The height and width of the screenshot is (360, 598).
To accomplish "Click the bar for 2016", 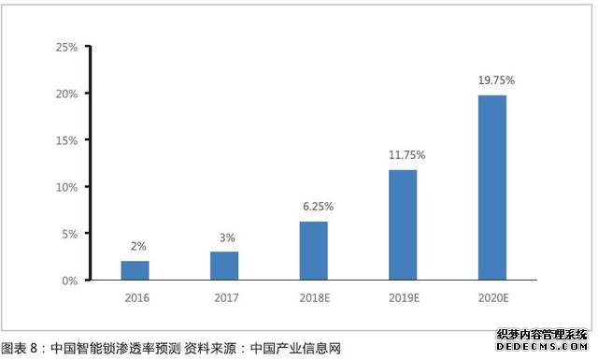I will (x=135, y=270).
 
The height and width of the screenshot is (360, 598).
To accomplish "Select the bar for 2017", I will (x=224, y=266).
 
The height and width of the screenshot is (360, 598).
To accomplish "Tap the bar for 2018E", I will (x=314, y=251).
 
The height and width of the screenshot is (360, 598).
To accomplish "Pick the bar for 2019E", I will (x=403, y=224).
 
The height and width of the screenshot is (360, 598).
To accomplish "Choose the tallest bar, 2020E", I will (x=492, y=187).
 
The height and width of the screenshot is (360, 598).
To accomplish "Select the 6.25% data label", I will (x=317, y=206).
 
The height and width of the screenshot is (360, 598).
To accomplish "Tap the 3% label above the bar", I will (x=227, y=237).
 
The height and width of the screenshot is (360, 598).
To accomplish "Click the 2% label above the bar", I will (x=137, y=246).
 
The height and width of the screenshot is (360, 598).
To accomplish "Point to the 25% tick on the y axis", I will (x=66, y=47).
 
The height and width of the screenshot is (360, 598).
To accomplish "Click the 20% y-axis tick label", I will (x=66, y=94).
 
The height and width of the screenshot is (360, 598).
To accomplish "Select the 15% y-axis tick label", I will (x=66, y=140).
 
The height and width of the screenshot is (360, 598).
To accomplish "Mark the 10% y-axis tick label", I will (x=66, y=187).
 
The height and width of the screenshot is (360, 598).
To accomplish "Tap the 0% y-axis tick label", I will (x=69, y=281).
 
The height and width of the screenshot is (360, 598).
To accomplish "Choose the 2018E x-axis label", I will (x=314, y=299).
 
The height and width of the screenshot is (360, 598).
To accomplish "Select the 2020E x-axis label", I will (x=492, y=299).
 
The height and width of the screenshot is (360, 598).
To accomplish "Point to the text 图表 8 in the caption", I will (x=20, y=349).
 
